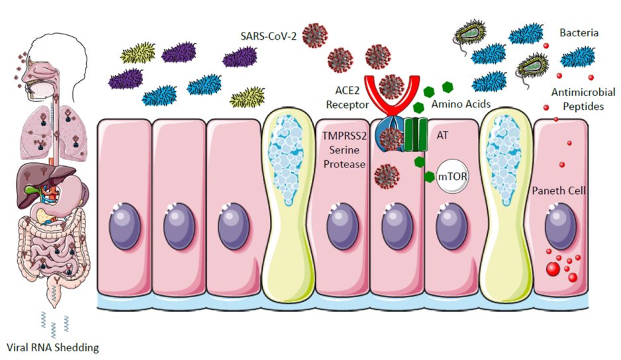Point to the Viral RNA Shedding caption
tap(52, 347)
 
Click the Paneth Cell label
tap(561, 191)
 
